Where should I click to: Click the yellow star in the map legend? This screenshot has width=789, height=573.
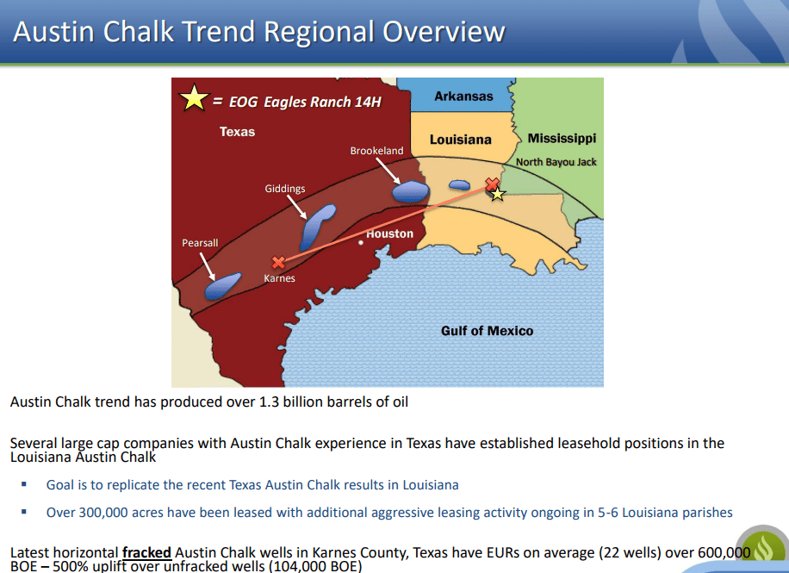[x=194, y=97]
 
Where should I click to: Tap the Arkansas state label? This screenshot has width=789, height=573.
[x=463, y=97]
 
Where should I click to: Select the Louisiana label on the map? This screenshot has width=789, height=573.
[x=461, y=140]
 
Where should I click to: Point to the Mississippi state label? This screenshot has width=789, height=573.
[x=562, y=139]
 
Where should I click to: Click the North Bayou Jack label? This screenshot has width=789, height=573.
[x=556, y=162]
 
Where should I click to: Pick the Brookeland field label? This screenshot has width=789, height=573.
[x=377, y=151]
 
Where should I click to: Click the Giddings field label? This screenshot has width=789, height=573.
[x=285, y=189]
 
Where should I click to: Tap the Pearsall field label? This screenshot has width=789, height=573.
[x=200, y=243]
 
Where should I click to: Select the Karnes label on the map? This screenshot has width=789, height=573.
[x=279, y=278]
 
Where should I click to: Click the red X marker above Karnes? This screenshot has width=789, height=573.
[x=278, y=262]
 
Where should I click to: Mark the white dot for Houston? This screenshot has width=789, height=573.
[x=361, y=243]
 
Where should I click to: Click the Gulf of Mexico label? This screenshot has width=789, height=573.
[x=487, y=331]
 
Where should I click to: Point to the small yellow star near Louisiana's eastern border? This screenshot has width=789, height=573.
[x=497, y=194]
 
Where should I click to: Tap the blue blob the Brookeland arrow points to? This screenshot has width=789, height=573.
[x=411, y=191]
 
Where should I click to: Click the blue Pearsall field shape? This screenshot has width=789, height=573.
[x=222, y=286]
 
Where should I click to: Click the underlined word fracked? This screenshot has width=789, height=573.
[x=147, y=553]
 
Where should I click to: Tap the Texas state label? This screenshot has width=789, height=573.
[x=237, y=132]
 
